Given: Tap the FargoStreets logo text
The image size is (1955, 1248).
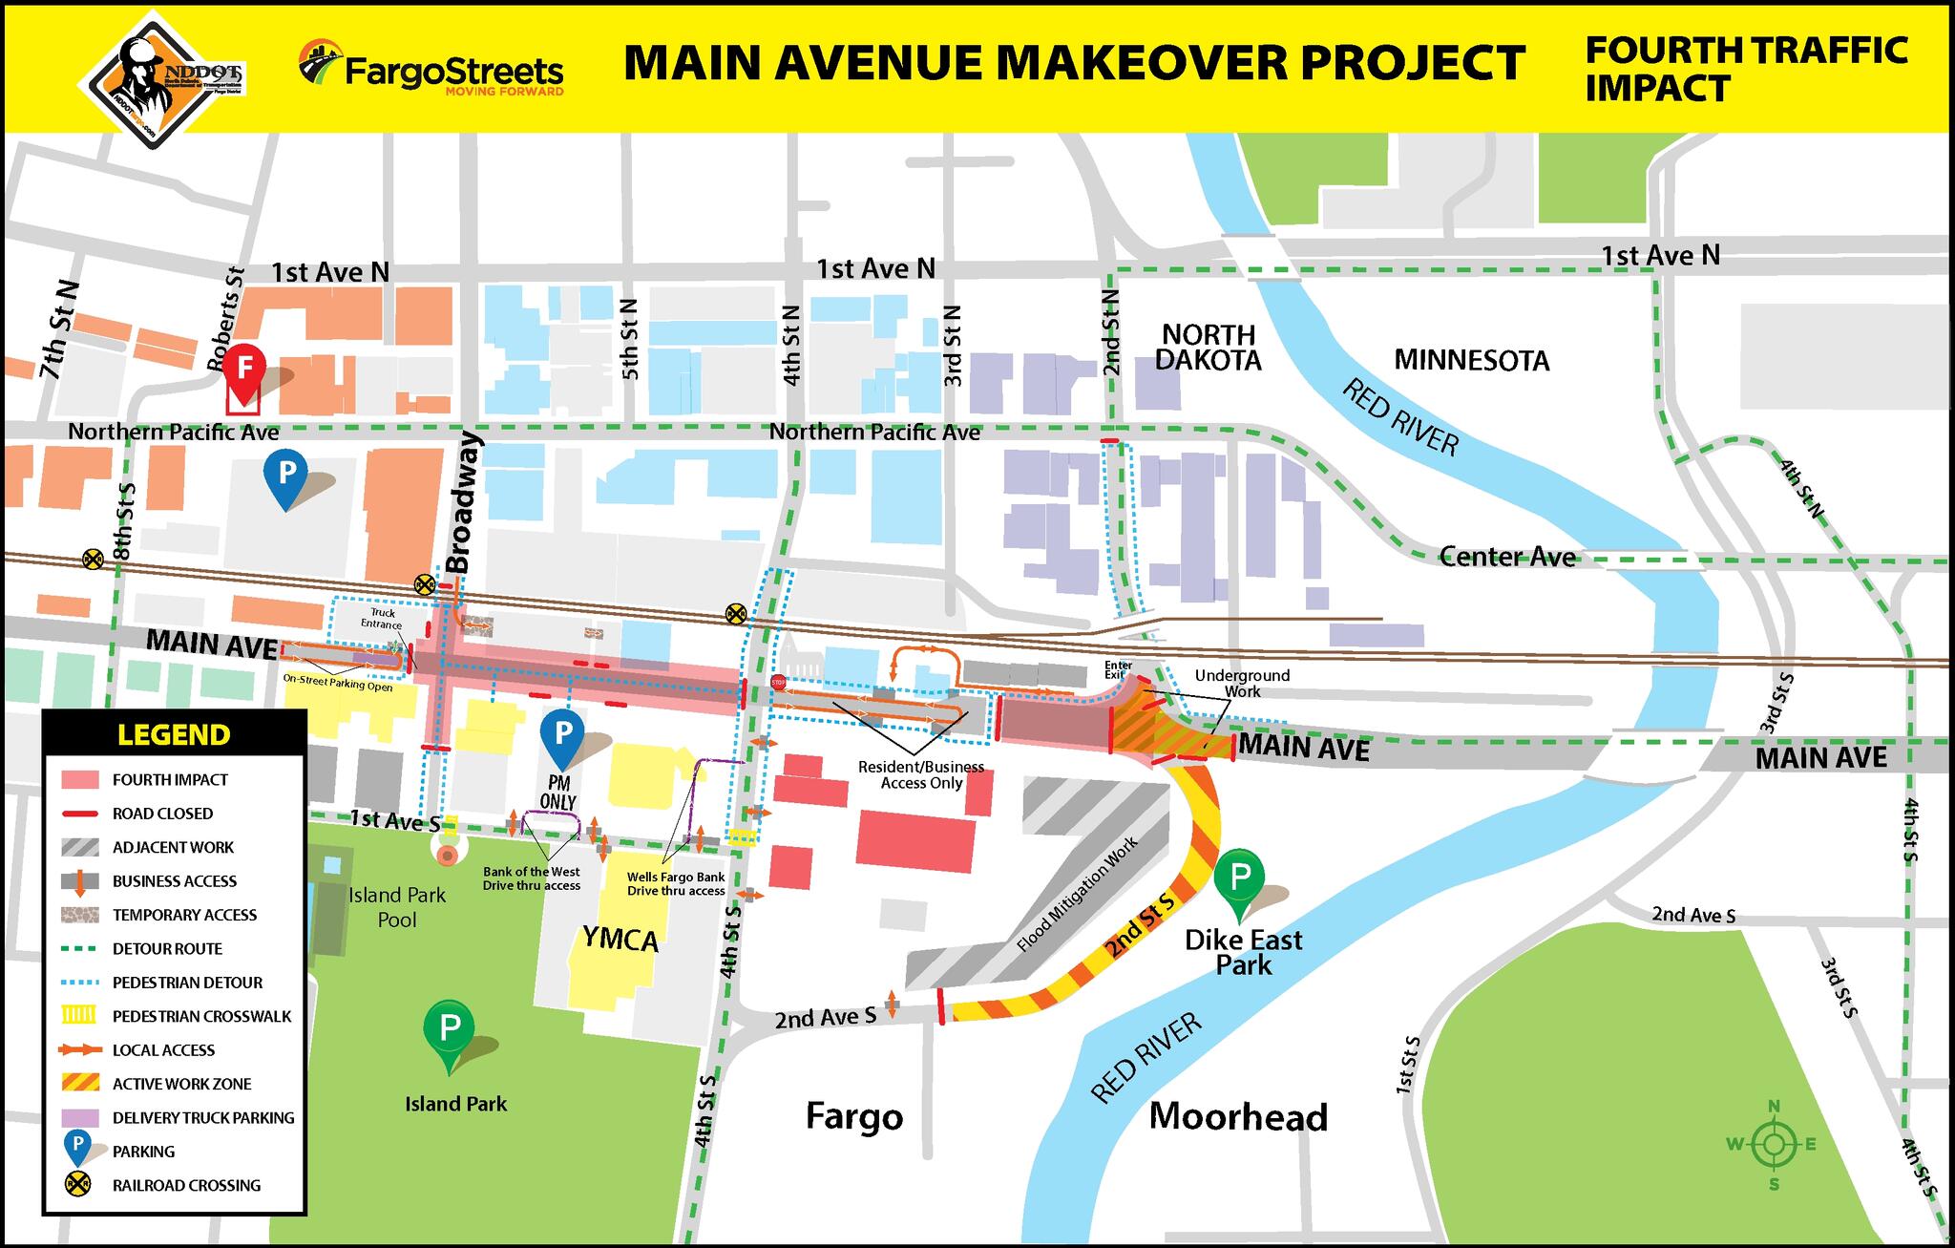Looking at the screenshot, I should (452, 73).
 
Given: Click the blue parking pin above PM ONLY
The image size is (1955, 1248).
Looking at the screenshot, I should (563, 735).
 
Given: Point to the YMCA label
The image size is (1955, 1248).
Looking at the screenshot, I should (620, 941).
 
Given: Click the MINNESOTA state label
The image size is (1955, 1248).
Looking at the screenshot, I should (1471, 360).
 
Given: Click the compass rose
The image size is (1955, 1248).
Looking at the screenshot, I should (1774, 1144).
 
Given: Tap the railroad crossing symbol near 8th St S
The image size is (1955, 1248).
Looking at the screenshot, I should (93, 559).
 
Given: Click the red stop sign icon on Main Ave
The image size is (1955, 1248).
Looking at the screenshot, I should (778, 683).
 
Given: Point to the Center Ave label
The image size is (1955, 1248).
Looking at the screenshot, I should (1506, 556).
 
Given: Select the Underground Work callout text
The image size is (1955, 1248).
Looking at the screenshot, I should (1242, 683).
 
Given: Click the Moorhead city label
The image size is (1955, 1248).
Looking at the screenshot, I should (1238, 1116).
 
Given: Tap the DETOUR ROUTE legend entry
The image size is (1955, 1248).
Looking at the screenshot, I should (167, 948).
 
